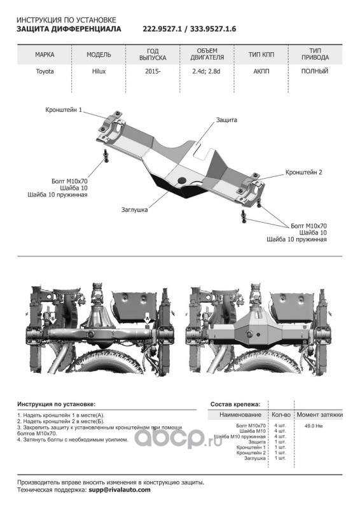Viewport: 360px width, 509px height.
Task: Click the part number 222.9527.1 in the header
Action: click(x=162, y=29)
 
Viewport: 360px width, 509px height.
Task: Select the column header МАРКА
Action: click(x=45, y=55)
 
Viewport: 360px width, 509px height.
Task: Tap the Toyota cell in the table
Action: click(x=45, y=71)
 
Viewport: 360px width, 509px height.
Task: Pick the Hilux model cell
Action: click(x=99, y=71)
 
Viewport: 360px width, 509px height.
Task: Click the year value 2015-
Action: click(x=153, y=71)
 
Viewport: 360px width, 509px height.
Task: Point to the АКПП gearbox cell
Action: click(x=261, y=71)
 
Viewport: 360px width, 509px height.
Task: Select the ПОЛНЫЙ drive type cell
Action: click(x=315, y=71)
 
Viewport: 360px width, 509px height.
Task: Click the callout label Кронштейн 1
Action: click(x=64, y=110)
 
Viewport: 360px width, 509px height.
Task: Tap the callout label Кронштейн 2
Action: click(x=304, y=172)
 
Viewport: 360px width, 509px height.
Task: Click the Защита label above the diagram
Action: click(x=226, y=120)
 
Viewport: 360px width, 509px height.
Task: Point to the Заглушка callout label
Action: click(x=134, y=210)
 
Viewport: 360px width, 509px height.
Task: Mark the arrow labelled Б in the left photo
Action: click(x=52, y=320)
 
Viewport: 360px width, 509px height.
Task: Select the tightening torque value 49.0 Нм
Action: click(x=314, y=426)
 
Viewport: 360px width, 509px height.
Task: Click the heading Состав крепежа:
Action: click(x=235, y=404)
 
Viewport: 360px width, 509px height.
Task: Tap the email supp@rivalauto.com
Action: click(x=120, y=490)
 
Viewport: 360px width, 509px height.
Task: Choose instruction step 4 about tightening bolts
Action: click(x=73, y=440)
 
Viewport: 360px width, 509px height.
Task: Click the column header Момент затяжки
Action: click(x=320, y=415)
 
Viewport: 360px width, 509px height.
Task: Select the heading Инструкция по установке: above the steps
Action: click(x=57, y=404)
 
